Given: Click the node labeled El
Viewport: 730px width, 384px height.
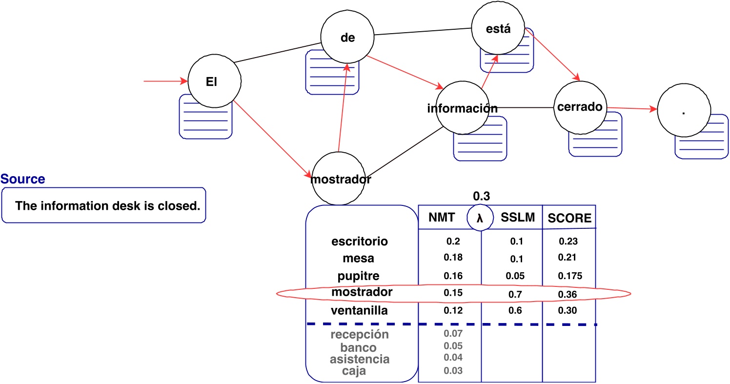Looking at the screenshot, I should tap(211, 82).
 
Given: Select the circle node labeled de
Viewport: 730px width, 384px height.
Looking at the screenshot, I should tap(347, 37).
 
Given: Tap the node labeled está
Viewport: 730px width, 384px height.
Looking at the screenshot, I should tap(498, 28).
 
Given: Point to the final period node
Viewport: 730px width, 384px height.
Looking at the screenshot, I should tap(683, 112).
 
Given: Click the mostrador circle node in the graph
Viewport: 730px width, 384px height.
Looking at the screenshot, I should tap(341, 179).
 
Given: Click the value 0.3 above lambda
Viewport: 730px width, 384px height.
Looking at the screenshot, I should tap(481, 196).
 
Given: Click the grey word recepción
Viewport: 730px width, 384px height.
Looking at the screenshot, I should tap(360, 335).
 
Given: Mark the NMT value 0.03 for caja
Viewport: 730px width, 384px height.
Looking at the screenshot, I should tap(453, 371).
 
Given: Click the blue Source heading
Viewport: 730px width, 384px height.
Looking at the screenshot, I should tap(23, 179).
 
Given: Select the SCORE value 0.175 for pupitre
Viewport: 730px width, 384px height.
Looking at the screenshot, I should tap(569, 276).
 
